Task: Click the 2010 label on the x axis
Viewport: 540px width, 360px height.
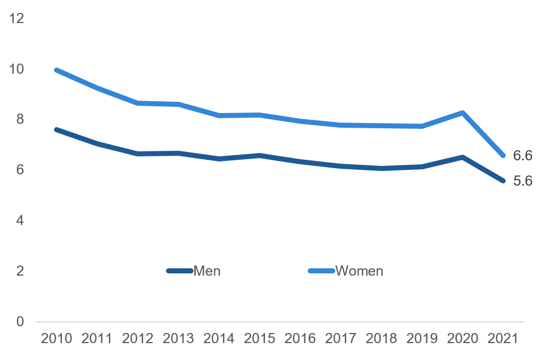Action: tap(57, 338)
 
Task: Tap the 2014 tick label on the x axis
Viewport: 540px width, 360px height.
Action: tap(219, 338)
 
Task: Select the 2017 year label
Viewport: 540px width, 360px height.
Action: tap(341, 338)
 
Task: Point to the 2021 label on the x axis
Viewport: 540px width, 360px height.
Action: tap(503, 338)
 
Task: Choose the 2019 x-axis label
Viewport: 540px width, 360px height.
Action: tap(422, 338)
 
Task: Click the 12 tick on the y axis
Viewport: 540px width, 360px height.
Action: tap(17, 19)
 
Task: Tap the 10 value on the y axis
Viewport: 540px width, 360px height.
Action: tap(17, 69)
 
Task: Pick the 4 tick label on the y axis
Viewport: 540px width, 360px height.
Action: tap(20, 220)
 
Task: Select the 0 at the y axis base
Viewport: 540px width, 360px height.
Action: tap(20, 322)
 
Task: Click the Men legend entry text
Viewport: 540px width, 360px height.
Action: tap(207, 271)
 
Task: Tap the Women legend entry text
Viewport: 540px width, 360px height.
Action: tap(359, 271)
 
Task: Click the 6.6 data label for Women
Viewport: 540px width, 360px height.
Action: tap(523, 156)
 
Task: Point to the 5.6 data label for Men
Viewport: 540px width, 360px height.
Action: tap(523, 181)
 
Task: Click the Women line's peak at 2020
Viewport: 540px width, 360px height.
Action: tap(462, 112)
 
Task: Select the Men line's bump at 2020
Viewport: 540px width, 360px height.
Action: tap(462, 157)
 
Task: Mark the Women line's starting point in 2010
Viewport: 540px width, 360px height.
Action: tap(57, 70)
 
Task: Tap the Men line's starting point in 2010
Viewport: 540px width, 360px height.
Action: tap(57, 129)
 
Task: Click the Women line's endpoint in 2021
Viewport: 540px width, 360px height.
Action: tap(503, 155)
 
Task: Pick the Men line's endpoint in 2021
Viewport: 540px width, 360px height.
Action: tap(503, 181)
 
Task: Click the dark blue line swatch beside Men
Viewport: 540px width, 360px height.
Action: tap(180, 271)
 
